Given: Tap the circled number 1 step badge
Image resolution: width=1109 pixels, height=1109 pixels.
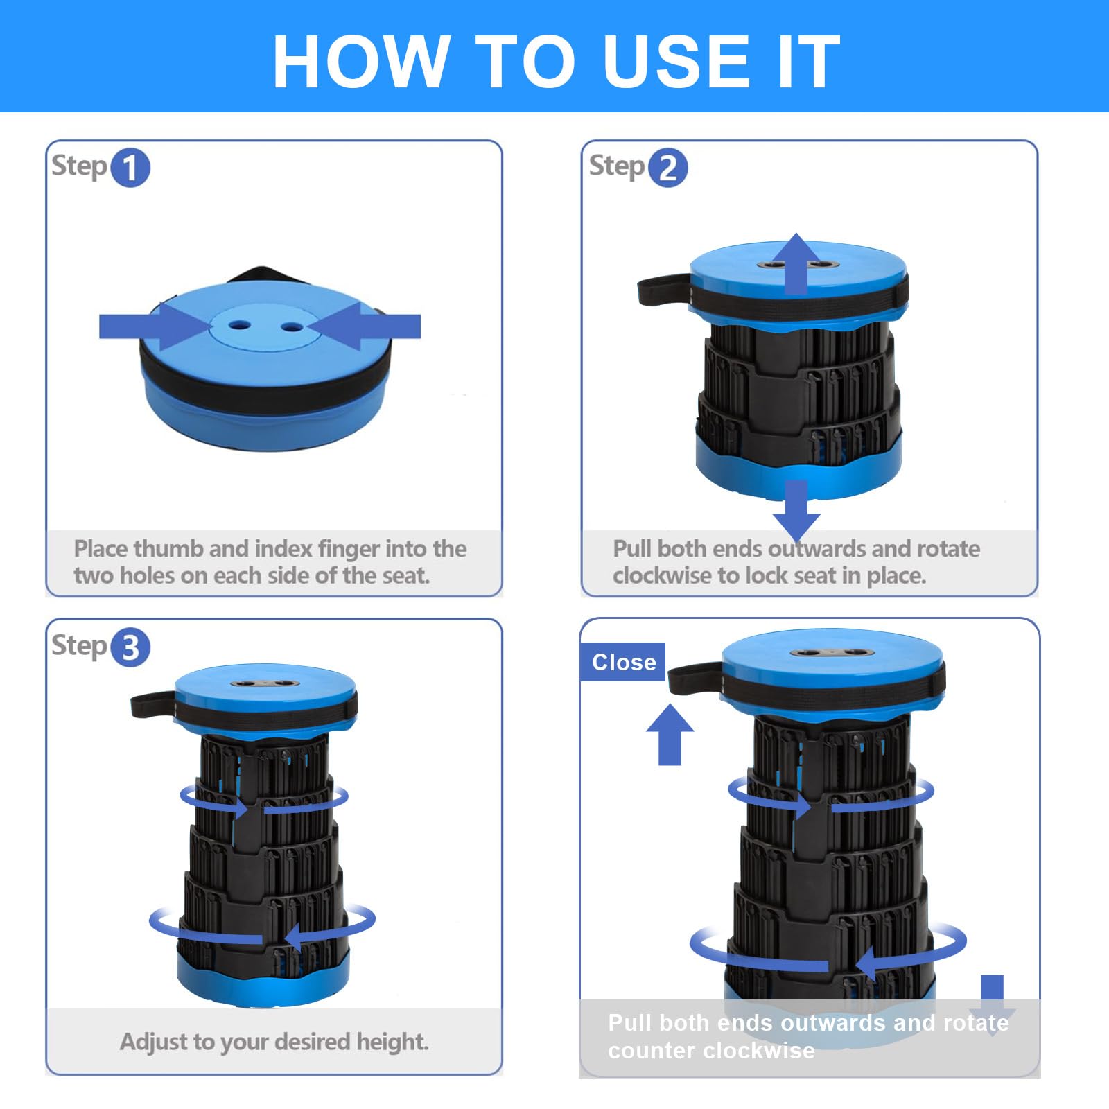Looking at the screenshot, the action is point(130,168).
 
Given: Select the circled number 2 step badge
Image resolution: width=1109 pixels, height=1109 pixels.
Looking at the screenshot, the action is point(668,168).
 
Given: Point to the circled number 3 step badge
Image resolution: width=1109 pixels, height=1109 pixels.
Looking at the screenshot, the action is point(130,647).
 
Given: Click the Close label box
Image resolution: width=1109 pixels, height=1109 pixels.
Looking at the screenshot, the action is point(622,662).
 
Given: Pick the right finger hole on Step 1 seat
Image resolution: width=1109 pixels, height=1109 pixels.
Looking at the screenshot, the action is point(292,326).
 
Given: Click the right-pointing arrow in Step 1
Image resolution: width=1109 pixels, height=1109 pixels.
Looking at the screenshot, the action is point(154,326).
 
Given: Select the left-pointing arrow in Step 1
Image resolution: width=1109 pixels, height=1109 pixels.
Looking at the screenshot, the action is point(365,326).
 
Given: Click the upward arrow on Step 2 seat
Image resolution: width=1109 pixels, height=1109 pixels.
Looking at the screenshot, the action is point(796,263).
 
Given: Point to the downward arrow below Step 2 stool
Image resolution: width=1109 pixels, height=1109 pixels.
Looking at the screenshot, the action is point(796,509).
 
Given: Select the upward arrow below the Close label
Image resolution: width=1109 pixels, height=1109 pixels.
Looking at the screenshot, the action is point(670,735).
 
